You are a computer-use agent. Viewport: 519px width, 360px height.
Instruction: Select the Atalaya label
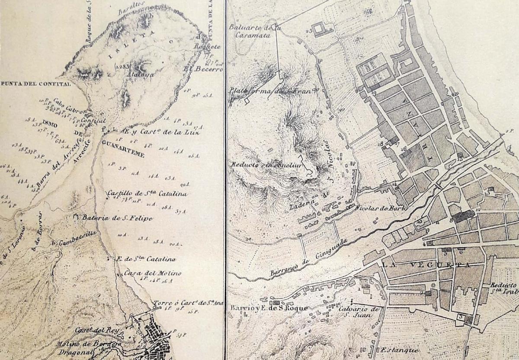tap(146, 74)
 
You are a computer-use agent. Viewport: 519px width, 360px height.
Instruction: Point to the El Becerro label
tap(203, 69)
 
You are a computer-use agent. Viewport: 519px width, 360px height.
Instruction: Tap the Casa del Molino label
tap(147, 273)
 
